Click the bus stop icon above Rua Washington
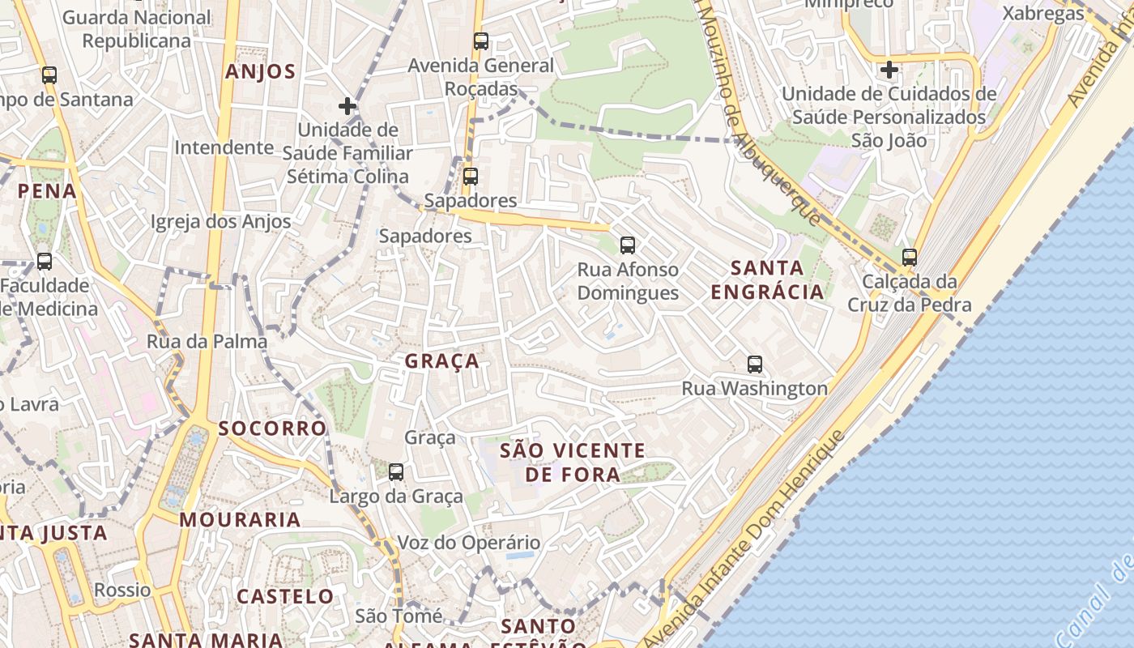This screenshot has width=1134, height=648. (x=755, y=364)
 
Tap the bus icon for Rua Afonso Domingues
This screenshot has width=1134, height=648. (x=627, y=245)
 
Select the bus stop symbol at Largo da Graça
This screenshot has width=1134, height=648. (x=396, y=472)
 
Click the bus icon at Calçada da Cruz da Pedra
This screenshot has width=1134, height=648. (x=910, y=258)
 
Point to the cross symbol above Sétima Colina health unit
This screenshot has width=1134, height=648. (x=347, y=106)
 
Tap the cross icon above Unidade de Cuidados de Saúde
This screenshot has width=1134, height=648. (x=889, y=70)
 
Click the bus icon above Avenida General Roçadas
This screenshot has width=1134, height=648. (x=481, y=41)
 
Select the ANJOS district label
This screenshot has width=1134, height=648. (x=261, y=71)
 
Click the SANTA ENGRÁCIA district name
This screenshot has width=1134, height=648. (x=767, y=279)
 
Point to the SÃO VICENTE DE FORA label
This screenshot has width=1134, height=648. (x=573, y=462)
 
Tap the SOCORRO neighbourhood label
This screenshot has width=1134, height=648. (x=272, y=428)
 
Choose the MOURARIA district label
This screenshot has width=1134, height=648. (x=240, y=519)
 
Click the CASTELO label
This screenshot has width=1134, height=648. (x=285, y=597)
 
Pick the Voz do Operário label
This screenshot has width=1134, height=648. (x=468, y=543)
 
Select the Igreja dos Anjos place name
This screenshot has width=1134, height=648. (x=220, y=222)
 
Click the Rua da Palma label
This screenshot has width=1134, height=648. (x=207, y=342)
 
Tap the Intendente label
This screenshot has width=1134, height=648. (x=224, y=147)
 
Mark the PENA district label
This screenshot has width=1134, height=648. (x=47, y=191)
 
